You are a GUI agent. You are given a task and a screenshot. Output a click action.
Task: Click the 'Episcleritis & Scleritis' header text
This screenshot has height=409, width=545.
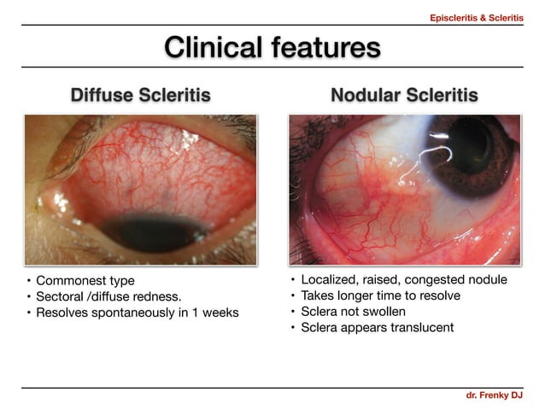(477, 16)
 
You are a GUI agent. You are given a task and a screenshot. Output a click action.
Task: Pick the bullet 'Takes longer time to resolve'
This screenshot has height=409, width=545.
(380, 295)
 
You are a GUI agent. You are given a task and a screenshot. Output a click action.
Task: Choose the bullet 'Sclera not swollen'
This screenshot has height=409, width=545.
(353, 312)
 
